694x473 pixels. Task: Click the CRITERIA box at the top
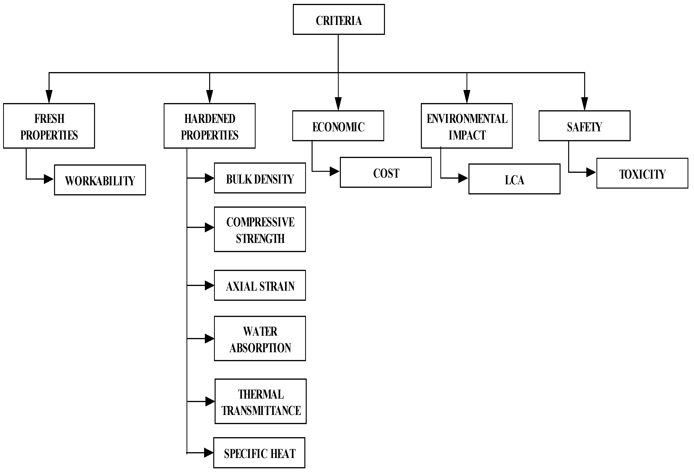click(339, 19)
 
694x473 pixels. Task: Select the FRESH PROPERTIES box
click(49, 126)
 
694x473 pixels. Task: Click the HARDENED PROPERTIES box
click(209, 126)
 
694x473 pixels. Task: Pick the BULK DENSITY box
click(260, 178)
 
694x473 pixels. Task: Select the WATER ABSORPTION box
click(260, 339)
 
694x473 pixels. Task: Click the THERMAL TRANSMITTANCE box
click(260, 402)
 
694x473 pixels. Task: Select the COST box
click(386, 172)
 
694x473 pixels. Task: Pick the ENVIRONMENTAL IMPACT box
click(467, 126)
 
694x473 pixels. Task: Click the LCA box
click(514, 179)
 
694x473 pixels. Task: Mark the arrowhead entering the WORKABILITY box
click(48, 179)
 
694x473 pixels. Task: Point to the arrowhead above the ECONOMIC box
click(338, 104)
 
